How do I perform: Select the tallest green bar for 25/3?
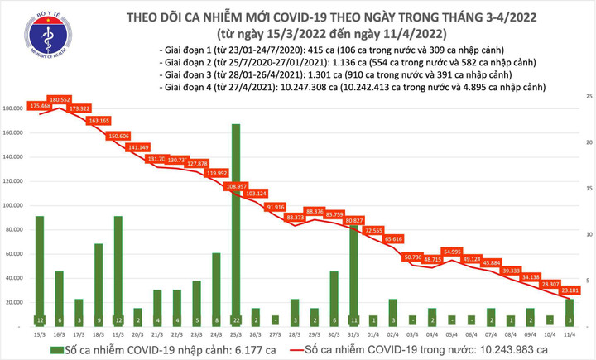pyautogui.click(x=236, y=223)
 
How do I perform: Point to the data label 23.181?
pyautogui.click(x=570, y=290)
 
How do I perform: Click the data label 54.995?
pyautogui.click(x=452, y=251)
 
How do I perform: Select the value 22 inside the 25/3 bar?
pyautogui.click(x=236, y=319)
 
